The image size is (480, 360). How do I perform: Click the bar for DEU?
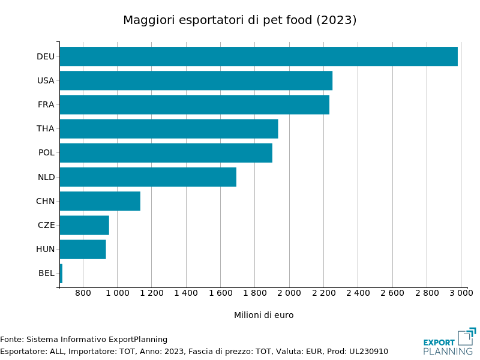[258, 56]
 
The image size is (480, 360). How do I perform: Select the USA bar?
[196, 80]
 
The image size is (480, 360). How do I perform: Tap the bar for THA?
[169, 128]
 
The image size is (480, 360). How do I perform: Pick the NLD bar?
[148, 177]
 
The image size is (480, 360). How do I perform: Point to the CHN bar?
[100, 201]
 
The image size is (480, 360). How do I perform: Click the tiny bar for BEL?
[61, 273]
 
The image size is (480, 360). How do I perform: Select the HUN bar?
[83, 249]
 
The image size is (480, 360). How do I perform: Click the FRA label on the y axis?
[46, 104]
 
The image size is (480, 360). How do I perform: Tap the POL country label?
[46, 152]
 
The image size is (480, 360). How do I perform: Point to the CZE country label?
[46, 225]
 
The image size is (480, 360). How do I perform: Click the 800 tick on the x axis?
[83, 293]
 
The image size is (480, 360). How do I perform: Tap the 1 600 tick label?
[220, 293]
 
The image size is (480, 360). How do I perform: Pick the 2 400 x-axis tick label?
[358, 293]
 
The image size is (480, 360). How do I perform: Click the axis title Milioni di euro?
[263, 315]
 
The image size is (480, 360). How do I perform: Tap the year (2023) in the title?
[337, 20]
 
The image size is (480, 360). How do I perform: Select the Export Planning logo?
[449, 341]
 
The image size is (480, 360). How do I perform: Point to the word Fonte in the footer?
[11, 340]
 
